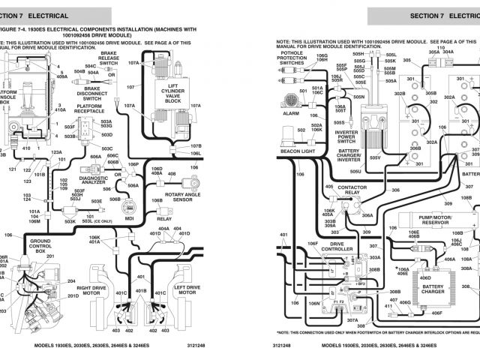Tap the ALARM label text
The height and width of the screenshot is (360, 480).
(290, 114)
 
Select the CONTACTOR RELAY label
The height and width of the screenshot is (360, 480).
(352, 190)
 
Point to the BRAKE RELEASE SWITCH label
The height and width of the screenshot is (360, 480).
(109, 59)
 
